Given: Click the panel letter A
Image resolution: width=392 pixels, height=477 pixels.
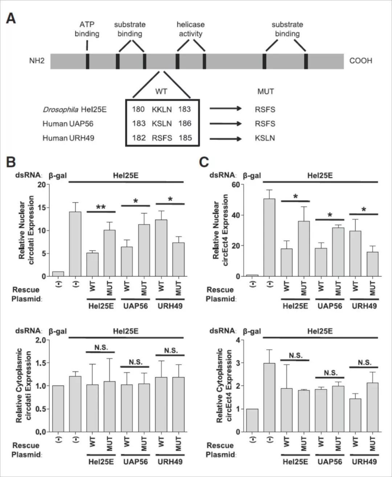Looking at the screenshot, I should click(x=11, y=18).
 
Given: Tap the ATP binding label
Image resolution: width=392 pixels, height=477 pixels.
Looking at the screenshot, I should click(x=87, y=29).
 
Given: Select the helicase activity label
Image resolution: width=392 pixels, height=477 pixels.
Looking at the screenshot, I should click(x=191, y=29).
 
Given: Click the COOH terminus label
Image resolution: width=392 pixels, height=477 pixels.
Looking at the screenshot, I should click(x=361, y=61).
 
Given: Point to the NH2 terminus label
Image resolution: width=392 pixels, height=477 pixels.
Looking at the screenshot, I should click(x=37, y=61).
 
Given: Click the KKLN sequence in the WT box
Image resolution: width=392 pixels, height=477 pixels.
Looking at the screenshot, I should click(x=162, y=109).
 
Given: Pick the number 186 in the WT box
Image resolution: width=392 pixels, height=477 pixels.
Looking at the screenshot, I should click(x=185, y=124).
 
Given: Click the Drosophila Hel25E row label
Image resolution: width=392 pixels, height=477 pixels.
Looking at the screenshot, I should click(x=74, y=109).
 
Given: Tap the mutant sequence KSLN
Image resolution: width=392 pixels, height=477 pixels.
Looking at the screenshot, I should click(x=265, y=138).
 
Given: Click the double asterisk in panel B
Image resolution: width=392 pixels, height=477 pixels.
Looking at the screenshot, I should click(x=101, y=207).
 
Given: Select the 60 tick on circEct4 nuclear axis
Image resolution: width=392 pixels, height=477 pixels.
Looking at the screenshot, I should click(x=236, y=184).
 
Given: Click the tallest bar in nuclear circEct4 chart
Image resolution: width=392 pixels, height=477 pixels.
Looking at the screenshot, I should click(x=269, y=237).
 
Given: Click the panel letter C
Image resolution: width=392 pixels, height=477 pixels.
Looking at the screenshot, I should click(x=204, y=162).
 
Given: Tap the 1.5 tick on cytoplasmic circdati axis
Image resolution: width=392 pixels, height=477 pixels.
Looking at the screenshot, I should click(x=43, y=363).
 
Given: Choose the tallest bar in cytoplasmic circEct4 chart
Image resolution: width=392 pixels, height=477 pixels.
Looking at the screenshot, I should click(x=269, y=397).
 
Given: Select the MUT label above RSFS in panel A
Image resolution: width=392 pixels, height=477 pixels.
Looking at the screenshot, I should click(x=265, y=91).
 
